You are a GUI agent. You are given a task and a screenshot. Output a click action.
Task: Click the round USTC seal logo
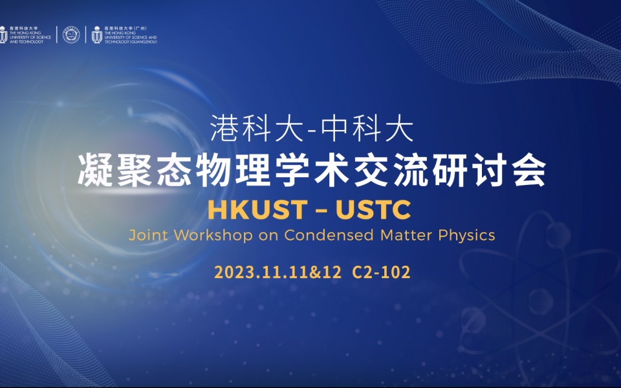71,35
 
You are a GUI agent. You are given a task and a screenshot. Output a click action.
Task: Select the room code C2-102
382,272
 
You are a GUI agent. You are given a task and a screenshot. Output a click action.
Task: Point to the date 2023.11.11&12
278,272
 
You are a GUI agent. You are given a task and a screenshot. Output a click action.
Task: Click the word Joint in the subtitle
146,235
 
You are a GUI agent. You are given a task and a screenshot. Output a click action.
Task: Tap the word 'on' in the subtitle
268,235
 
